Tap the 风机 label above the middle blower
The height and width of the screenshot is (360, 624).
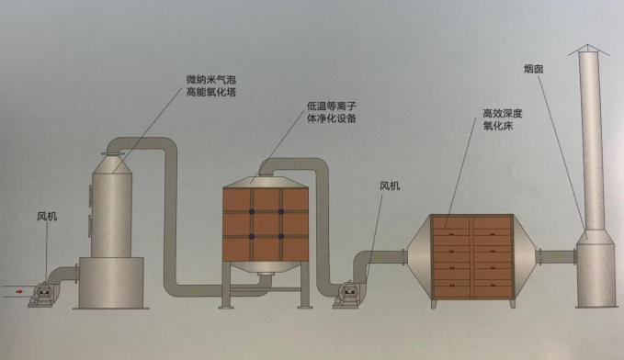[x=391, y=186]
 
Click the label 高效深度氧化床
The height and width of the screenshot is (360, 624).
[x=502, y=119]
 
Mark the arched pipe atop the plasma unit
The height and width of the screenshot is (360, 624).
[x=294, y=165]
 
